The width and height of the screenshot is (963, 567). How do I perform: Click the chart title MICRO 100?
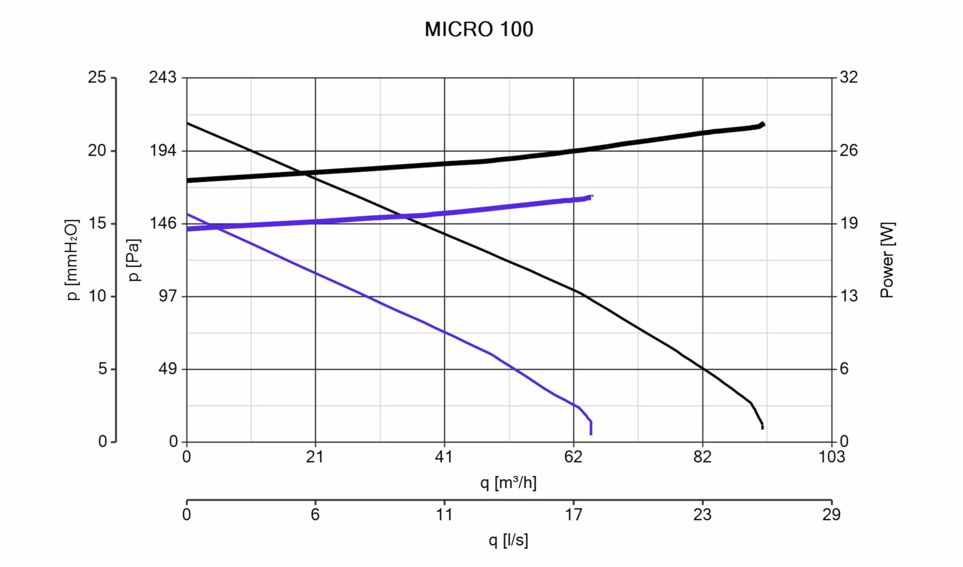(x=479, y=29)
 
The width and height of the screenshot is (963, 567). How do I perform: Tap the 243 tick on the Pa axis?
(x=163, y=77)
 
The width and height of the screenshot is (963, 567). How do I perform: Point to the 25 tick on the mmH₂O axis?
(x=97, y=77)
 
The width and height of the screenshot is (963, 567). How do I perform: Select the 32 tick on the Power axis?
(x=848, y=77)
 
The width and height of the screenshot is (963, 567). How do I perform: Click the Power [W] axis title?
(x=887, y=260)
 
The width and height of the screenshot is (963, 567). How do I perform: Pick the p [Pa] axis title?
(x=134, y=260)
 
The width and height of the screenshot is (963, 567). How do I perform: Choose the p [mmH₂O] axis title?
(x=72, y=260)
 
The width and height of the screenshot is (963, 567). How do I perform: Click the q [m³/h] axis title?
(x=508, y=483)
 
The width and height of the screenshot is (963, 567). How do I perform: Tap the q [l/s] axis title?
(x=508, y=540)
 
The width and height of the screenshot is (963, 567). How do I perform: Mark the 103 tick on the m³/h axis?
(x=832, y=457)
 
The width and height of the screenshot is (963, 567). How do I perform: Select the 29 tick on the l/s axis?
(x=831, y=514)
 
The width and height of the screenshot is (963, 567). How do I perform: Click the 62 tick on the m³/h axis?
(x=574, y=457)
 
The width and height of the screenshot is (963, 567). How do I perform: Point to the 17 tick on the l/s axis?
(x=574, y=514)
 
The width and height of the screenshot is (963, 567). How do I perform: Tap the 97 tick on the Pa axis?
(x=168, y=296)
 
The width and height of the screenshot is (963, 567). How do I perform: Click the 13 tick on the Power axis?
(x=848, y=296)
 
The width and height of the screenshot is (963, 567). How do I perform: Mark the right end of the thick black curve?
(x=763, y=124)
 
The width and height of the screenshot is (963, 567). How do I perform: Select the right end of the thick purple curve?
(x=593, y=197)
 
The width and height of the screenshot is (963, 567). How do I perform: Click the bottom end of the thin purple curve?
(x=591, y=434)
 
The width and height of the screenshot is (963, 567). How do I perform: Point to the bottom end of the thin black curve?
(x=762, y=428)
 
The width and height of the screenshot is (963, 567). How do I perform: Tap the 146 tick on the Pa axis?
(x=163, y=223)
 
